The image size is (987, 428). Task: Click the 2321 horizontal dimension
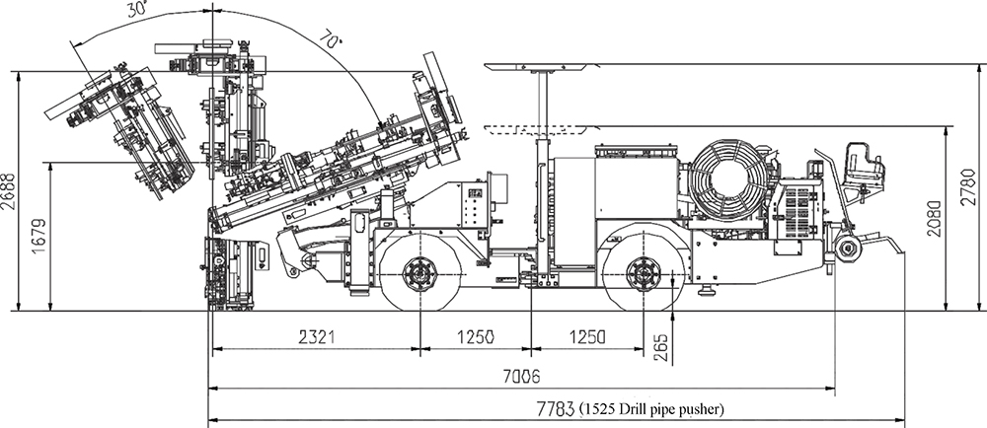(x=313, y=337)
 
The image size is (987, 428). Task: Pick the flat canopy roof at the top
(x=543, y=67)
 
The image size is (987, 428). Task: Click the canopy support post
(x=542, y=108)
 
